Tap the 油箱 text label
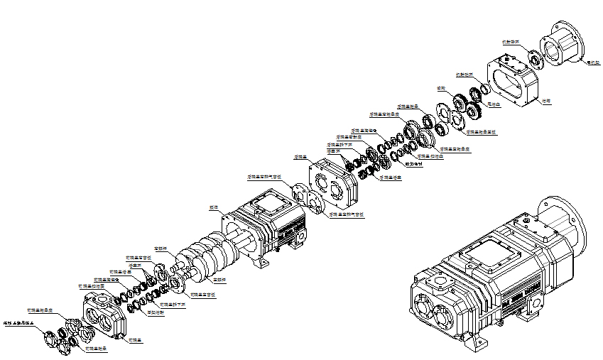coord(546,101)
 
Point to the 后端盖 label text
coord(300,157)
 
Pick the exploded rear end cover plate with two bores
coord(333,182)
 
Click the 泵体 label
coord(212,207)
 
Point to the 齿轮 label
coord(441,88)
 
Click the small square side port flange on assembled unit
coord(442,283)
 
